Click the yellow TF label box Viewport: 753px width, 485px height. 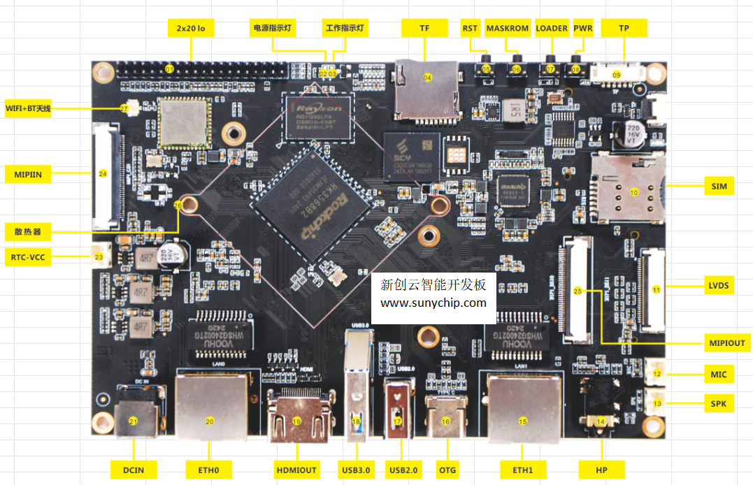(424, 29)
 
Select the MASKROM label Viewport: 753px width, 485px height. (508, 29)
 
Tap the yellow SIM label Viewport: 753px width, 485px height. (718, 186)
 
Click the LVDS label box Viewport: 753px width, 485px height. (718, 285)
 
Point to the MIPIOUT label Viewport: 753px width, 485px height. (726, 343)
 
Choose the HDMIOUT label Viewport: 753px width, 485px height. (296, 469)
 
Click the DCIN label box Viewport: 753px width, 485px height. (134, 469)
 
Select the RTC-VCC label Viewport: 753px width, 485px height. (29, 257)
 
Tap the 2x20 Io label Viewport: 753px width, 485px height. (191, 29)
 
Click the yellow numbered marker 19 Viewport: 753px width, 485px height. (296, 421)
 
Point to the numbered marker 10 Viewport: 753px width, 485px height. (634, 191)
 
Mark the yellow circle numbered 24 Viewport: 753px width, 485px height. (103, 173)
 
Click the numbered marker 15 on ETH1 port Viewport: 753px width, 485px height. (522, 421)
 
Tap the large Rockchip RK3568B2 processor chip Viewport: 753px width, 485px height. (312, 203)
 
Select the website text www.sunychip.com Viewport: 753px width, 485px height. (433, 303)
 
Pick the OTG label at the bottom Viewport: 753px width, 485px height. (445, 469)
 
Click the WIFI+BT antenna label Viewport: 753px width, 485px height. (29, 108)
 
